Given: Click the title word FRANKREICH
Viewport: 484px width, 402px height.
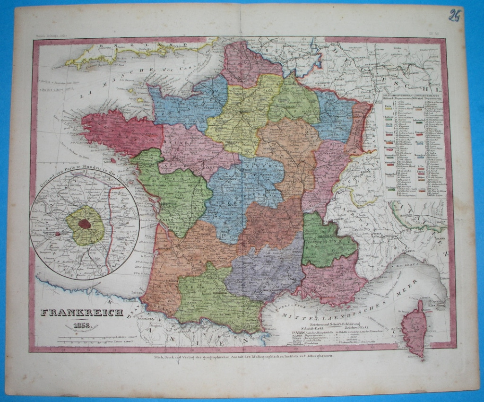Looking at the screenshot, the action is [81, 313].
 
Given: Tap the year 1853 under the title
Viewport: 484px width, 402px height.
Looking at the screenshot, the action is [81, 325].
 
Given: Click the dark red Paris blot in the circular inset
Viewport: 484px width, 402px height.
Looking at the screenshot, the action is [85, 224].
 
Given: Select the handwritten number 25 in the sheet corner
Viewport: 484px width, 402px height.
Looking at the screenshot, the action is [455, 16].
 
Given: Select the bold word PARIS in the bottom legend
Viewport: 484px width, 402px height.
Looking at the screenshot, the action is [294, 333].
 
